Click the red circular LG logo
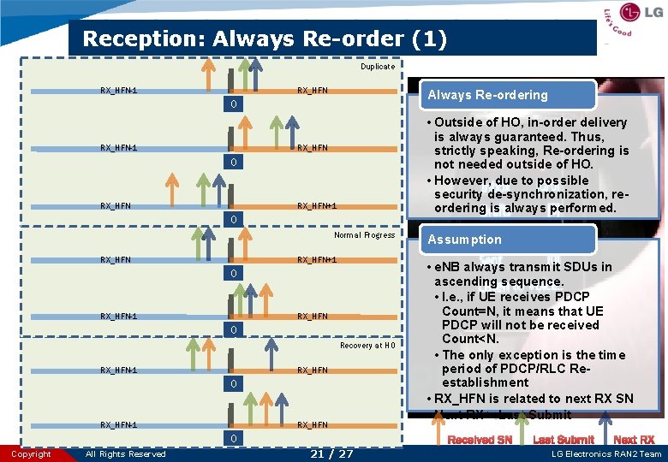pyautogui.click(x=630, y=14)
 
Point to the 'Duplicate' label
pyautogui.click(x=378, y=67)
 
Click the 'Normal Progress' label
pyautogui.click(x=365, y=235)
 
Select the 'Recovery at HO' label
pyautogui.click(x=367, y=346)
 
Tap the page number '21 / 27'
pyautogui.click(x=333, y=453)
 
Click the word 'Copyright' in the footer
pyautogui.click(x=31, y=454)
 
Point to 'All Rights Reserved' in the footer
pyautogui.click(x=126, y=454)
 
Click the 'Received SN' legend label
pyautogui.click(x=480, y=440)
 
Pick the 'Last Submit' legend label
pyautogui.click(x=564, y=440)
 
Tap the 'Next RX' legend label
pyautogui.click(x=635, y=440)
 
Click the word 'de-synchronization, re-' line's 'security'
pyautogui.click(x=460, y=194)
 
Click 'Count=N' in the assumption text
pyautogui.click(x=470, y=311)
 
